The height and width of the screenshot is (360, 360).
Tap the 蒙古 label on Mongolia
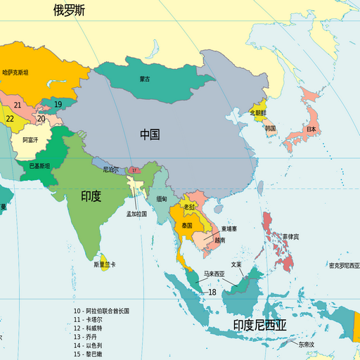coord(144,79)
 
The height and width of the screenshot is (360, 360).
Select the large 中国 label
coord(150,134)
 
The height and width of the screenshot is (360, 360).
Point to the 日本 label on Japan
coord(310,130)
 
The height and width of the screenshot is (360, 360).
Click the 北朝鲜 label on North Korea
coord(258,112)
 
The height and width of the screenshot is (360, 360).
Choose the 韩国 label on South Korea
coord(271,129)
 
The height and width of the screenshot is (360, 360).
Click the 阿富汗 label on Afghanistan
coord(30,140)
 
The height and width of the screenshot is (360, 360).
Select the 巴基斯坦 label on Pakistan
coord(39,167)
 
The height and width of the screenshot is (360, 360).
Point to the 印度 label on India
coord(91,196)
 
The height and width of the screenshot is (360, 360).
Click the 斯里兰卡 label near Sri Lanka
coord(105,265)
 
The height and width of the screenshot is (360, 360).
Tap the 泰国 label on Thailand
coord(187,226)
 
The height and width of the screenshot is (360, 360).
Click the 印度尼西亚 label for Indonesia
coord(260,325)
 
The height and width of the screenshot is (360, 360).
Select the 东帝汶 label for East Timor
coord(306,345)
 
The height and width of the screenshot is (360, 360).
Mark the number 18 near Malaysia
coord(212,292)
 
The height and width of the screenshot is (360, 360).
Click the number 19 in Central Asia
coord(58,105)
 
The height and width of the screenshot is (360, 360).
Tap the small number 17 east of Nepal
coord(134,170)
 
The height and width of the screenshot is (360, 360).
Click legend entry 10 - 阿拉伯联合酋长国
coord(101,310)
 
